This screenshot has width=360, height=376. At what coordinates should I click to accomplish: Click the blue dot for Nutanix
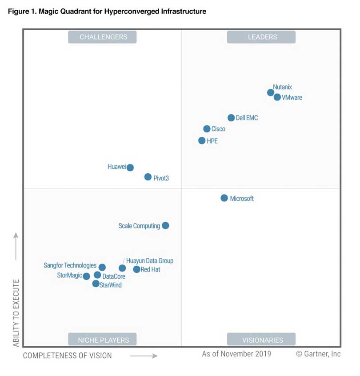(271, 92)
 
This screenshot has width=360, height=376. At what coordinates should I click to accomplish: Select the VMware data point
(277, 97)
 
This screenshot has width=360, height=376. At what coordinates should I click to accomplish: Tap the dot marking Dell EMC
(231, 118)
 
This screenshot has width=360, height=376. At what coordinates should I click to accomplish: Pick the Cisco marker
(207, 129)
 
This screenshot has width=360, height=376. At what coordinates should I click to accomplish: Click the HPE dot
(202, 140)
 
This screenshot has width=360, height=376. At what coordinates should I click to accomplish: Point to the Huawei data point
(130, 168)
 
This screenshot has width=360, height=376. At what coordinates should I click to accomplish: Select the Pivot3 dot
(148, 177)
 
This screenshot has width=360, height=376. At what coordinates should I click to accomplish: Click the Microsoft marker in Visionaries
(224, 198)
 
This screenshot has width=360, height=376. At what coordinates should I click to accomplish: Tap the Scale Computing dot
(165, 225)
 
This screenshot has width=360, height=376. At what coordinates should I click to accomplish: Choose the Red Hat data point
(137, 269)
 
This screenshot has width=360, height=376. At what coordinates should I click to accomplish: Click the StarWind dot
(96, 284)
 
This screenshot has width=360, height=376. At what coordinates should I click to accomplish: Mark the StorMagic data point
(87, 276)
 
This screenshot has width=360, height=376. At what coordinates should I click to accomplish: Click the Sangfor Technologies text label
(70, 266)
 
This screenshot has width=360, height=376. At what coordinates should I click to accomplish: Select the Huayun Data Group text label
(150, 261)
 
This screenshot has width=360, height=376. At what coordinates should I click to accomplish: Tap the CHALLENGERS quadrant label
(102, 37)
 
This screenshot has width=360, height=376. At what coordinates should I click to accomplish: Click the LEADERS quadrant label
(261, 37)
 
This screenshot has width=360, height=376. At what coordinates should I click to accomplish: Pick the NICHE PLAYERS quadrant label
(102, 340)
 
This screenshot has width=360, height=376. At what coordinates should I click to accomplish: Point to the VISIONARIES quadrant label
(261, 340)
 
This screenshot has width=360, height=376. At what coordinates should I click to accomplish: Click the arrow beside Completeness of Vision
(144, 356)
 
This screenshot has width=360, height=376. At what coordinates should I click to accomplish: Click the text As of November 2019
(236, 354)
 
